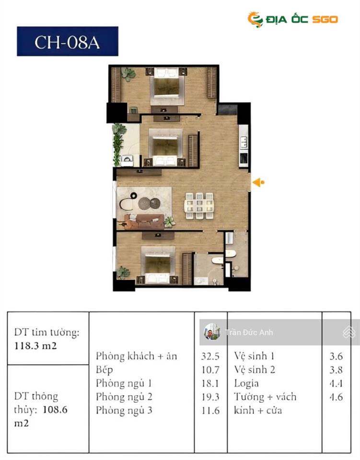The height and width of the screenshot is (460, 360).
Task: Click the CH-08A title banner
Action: coord(67,42)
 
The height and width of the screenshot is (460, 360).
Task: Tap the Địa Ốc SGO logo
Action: coord(292,19)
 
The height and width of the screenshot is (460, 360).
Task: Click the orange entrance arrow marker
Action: coord(258,182)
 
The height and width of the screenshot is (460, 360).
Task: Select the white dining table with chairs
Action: coord(199,206)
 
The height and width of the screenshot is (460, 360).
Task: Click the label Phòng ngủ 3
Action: coord(124,411)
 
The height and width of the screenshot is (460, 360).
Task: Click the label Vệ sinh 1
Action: coord(254,356)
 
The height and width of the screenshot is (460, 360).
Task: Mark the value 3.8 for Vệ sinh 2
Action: coord(336,370)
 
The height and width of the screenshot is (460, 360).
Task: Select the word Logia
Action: coord(246,384)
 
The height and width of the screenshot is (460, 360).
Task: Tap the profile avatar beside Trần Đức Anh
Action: coord(211,332)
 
